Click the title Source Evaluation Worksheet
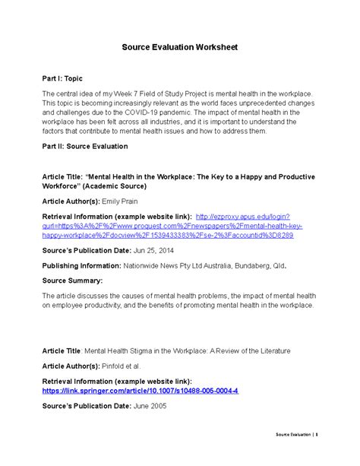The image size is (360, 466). point(180,47)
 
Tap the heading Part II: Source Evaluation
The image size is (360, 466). point(84,146)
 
